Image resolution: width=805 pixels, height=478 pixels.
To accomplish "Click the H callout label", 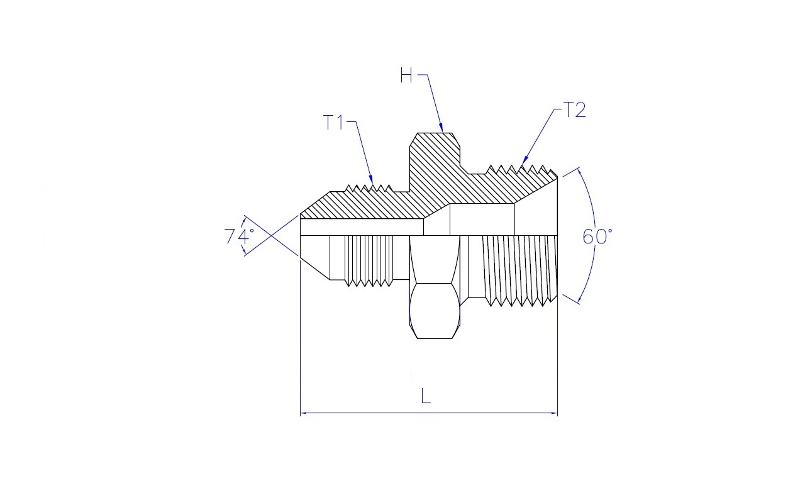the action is point(406,76).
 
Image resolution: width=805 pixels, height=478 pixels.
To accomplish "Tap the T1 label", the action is point(334,122).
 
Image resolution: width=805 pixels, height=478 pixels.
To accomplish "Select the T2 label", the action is point(574,109).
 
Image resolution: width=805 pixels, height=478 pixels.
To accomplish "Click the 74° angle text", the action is point(239,236).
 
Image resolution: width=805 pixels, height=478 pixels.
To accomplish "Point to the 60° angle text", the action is point(597,237).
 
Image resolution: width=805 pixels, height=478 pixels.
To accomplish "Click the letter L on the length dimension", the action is point(426,397).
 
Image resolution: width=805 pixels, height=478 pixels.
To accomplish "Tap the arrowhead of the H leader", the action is point(441,128).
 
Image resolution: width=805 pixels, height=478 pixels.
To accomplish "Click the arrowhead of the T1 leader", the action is point(371,181).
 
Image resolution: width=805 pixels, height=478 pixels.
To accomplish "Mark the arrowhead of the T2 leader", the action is point(524,160).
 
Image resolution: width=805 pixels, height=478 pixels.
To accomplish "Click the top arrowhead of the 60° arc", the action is point(579,172).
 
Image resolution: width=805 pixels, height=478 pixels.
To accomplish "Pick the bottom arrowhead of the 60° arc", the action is point(579,299).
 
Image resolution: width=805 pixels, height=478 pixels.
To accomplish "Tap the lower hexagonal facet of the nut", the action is point(435,311).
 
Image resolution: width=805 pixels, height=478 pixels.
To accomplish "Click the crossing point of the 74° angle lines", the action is point(270,236).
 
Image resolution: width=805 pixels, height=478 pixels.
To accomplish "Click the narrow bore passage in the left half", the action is point(362,227).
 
